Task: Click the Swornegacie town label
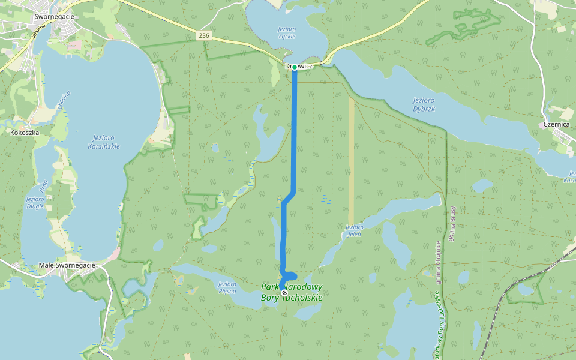click(x=55, y=17)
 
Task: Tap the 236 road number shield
click(x=205, y=36)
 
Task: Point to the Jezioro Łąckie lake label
click(x=287, y=32)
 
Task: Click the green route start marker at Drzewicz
click(x=295, y=67)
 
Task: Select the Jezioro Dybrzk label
click(x=424, y=103)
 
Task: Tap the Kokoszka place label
click(x=24, y=131)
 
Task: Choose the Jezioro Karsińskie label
click(x=104, y=142)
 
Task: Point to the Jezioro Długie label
click(x=35, y=202)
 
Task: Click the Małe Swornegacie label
click(x=67, y=265)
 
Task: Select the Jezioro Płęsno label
click(x=227, y=287)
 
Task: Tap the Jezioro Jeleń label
click(x=354, y=230)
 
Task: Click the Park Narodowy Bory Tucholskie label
click(x=292, y=292)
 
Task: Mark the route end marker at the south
click(x=284, y=293)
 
